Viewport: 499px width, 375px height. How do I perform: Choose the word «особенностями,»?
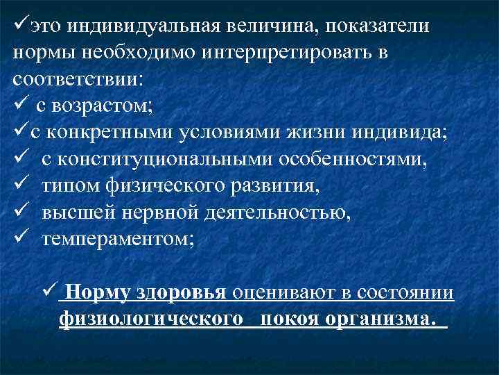click(353, 160)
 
